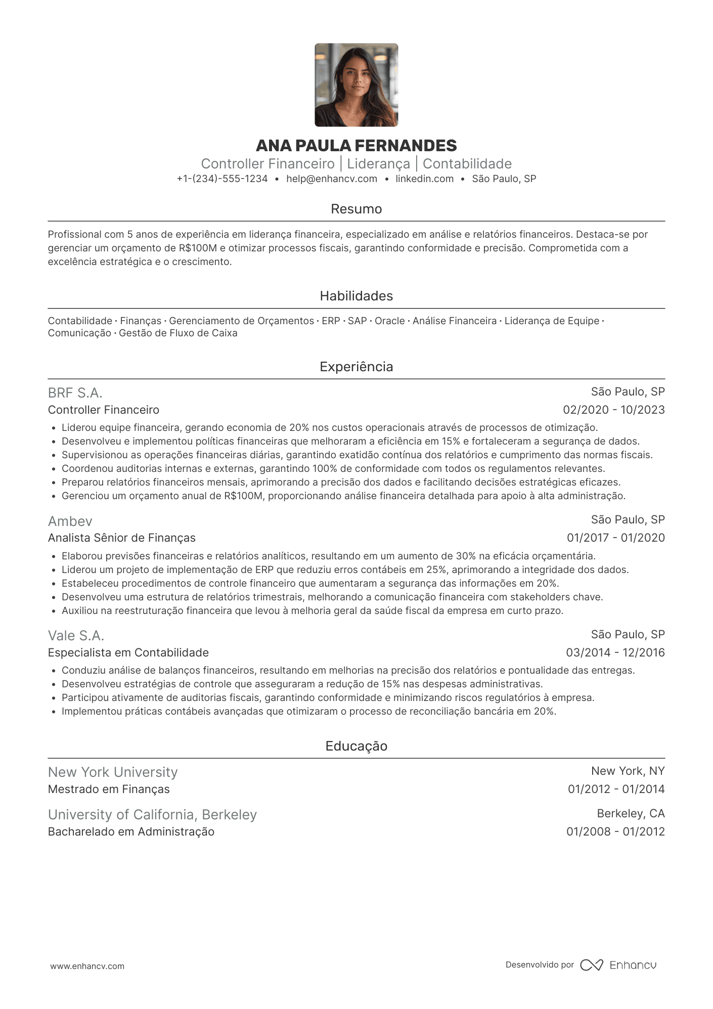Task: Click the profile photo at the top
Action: tap(356, 85)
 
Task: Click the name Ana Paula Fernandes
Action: tap(356, 146)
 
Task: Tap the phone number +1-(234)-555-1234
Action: tap(222, 179)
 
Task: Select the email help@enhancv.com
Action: tap(332, 179)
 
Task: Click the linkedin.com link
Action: tap(424, 179)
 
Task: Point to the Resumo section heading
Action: tap(356, 209)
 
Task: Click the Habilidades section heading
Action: tap(356, 296)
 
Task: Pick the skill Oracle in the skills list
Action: tap(389, 321)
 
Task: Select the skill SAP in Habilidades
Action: tap(357, 321)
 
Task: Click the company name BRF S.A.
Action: tap(75, 393)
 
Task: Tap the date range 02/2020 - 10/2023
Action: tap(614, 410)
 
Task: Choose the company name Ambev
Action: tap(70, 521)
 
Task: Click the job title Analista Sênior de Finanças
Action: tap(122, 538)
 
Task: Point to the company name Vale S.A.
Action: tap(76, 636)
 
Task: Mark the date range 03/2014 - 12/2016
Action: tap(615, 652)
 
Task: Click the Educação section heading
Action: tap(356, 746)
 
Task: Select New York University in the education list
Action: tap(113, 772)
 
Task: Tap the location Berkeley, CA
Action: tap(631, 813)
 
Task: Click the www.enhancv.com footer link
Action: tap(87, 966)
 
